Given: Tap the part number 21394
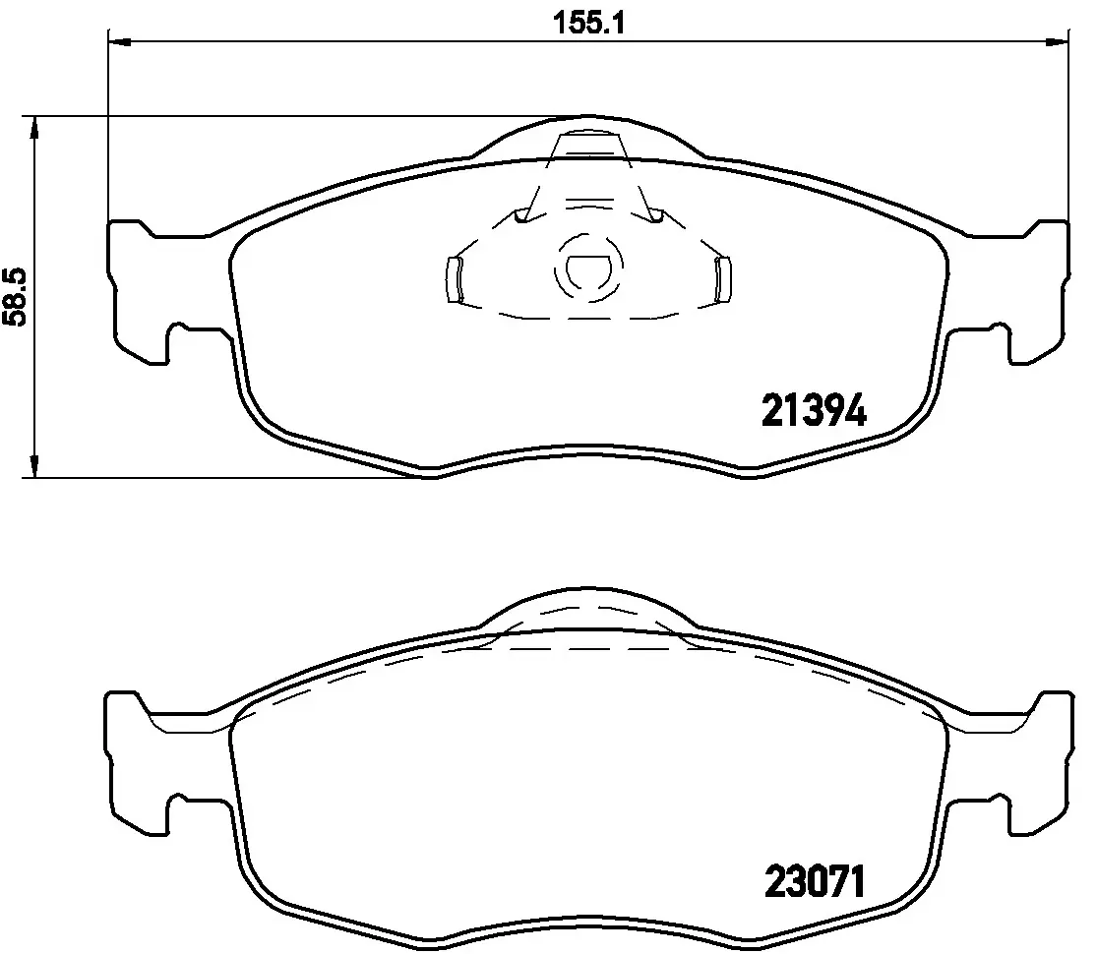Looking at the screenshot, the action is (814, 410).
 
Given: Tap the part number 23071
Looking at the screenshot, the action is (815, 881).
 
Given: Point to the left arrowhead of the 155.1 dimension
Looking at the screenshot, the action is (120, 42).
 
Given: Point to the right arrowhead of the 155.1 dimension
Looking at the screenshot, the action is (1057, 42).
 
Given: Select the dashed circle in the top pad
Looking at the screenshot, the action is (588, 268).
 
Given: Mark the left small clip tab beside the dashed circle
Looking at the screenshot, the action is (455, 279).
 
